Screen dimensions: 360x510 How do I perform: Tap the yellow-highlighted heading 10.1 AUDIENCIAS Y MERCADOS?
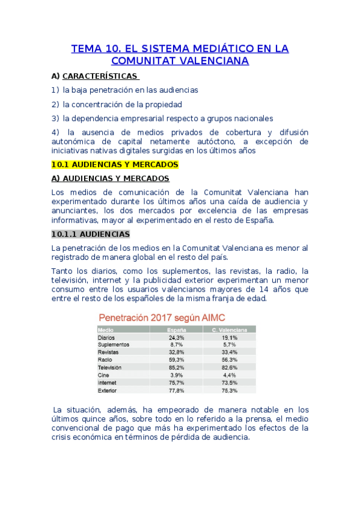(x=115, y=164)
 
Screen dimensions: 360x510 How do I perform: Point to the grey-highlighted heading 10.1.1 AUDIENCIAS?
(x=90, y=234)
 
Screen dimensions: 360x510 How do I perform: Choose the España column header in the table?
(x=175, y=330)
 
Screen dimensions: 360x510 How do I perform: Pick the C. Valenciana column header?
(x=229, y=330)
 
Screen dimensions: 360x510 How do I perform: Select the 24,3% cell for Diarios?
(x=175, y=337)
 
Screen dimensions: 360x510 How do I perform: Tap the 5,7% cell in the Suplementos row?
(x=229, y=345)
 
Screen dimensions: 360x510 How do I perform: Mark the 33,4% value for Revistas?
(x=229, y=352)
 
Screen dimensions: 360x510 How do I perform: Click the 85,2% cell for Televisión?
(x=175, y=367)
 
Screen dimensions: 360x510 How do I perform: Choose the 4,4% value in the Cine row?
(x=229, y=375)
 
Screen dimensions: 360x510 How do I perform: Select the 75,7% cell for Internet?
(x=175, y=382)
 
